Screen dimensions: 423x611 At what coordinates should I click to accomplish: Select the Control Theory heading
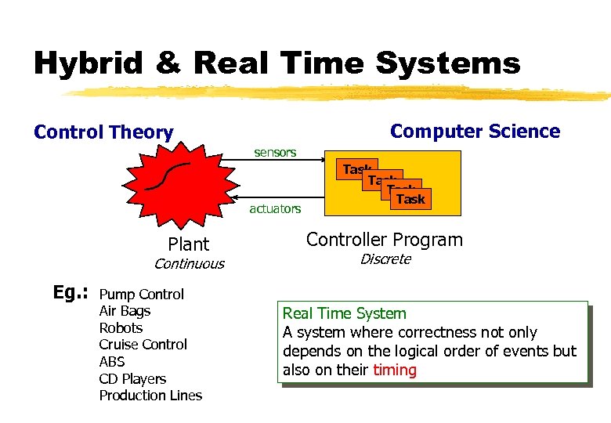pos(103,132)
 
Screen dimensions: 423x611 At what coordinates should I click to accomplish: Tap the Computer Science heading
pos(475,131)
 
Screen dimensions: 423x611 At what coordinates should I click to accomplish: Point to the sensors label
pos(275,152)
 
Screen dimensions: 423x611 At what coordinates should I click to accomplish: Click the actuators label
pos(275,208)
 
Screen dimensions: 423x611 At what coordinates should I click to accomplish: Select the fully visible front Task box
pos(410,199)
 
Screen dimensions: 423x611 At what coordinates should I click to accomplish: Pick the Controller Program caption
pos(384,240)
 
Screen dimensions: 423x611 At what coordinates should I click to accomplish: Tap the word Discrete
pos(385,259)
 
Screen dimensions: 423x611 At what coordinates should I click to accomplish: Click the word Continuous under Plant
pos(189,264)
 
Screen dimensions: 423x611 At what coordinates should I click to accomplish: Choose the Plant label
pos(189,244)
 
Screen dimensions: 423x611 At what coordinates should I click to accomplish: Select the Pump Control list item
pos(141,295)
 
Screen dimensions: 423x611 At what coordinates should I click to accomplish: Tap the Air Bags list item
pos(125,311)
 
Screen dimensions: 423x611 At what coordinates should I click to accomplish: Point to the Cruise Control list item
pos(143,345)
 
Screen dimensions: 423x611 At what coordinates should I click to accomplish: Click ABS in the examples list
pos(112,362)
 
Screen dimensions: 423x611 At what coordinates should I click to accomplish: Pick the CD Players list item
pos(132,379)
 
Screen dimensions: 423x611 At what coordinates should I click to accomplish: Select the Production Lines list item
pos(150,396)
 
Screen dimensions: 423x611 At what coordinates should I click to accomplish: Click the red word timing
pos(395,370)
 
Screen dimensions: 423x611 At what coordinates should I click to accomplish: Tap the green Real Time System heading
pos(344,314)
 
